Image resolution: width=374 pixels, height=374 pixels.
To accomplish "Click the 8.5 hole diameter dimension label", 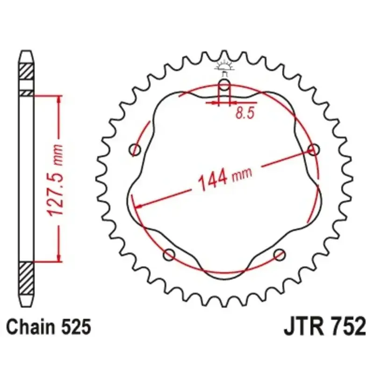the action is click(245, 113).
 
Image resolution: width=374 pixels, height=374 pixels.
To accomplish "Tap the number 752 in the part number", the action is click(348, 326).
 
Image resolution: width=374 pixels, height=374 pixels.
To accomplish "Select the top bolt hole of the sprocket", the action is click(224, 85).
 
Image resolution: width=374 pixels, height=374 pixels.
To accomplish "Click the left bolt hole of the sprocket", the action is click(135, 150).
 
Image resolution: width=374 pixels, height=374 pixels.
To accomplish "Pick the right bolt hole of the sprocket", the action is click(313, 150).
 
